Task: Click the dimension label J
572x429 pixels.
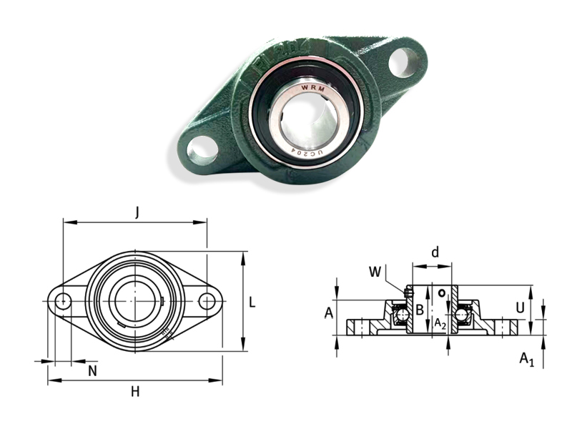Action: click(136, 212)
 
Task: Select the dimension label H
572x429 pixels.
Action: click(134, 391)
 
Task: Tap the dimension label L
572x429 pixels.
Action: click(252, 302)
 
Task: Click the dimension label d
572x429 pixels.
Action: click(434, 252)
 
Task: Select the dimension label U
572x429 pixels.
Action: click(521, 307)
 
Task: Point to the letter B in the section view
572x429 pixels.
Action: click(420, 310)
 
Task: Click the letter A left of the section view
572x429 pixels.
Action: click(328, 312)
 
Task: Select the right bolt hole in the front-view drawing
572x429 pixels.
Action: click(207, 301)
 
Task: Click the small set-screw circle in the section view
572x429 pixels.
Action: click(443, 292)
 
